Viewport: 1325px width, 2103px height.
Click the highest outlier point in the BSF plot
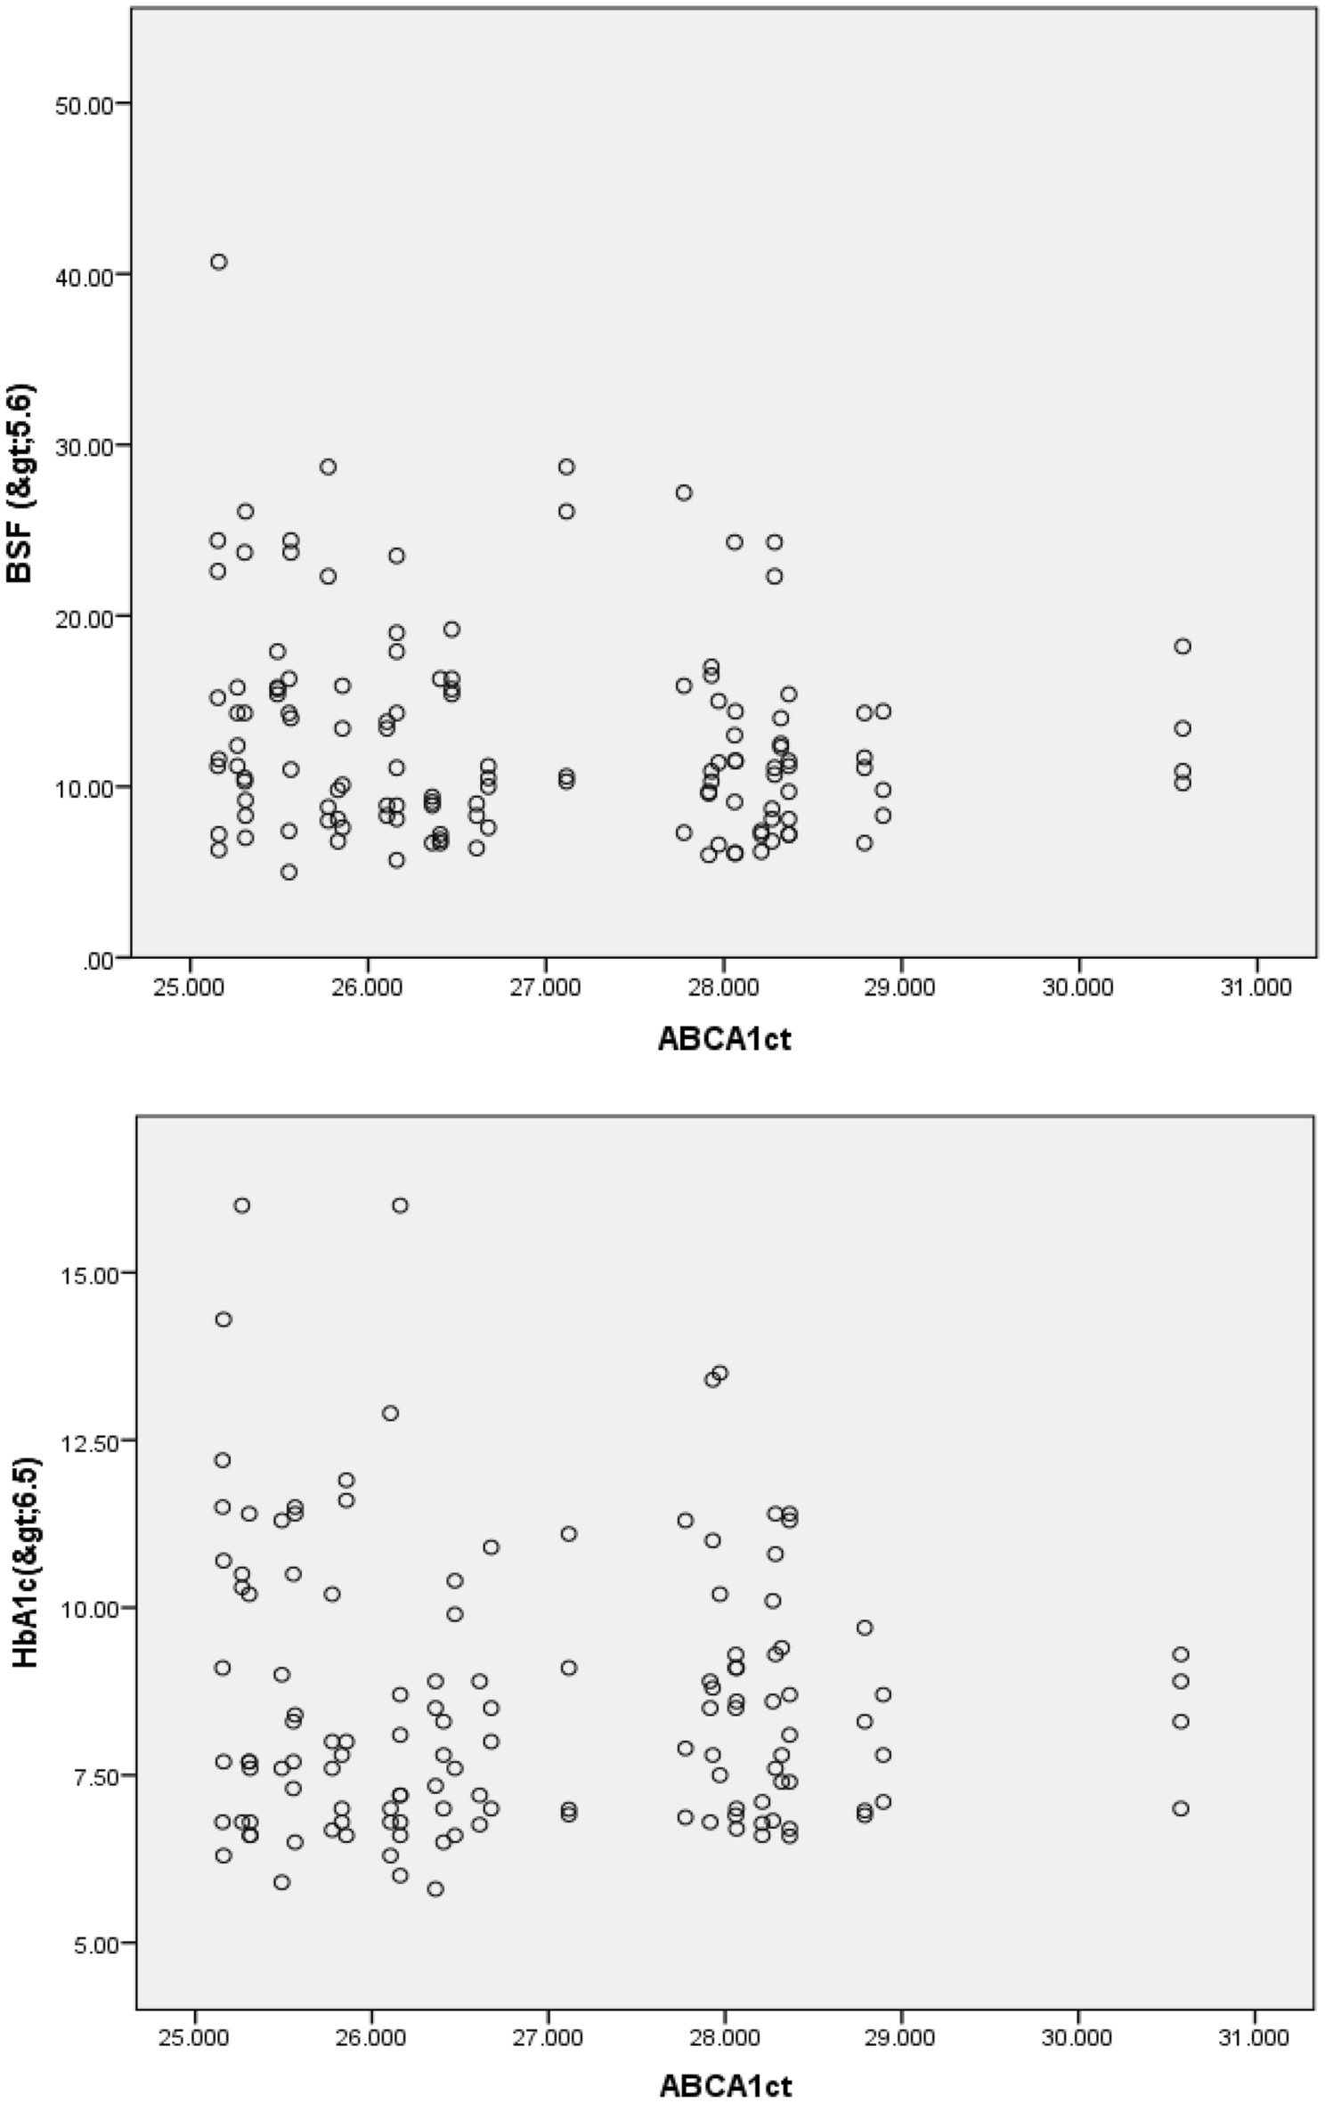(218, 262)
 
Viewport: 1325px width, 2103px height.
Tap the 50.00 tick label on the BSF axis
(80, 103)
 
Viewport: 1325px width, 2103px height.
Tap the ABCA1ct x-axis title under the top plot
(724, 1039)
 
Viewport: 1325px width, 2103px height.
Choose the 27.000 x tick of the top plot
(545, 988)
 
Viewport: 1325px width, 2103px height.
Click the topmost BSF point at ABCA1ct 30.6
(1182, 646)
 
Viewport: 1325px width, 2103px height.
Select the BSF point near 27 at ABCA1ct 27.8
(684, 493)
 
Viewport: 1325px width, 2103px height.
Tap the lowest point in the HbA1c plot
(435, 1889)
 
